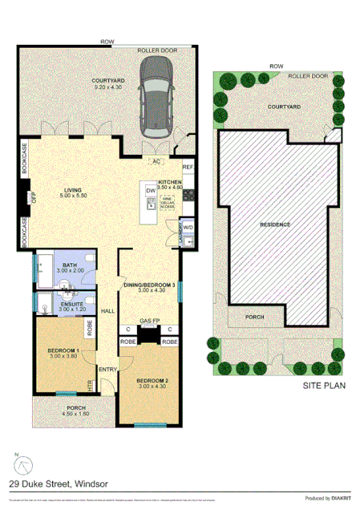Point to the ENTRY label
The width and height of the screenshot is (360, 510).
click(107, 369)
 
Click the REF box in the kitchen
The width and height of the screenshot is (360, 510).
click(188, 167)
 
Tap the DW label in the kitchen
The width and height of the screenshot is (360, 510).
click(151, 190)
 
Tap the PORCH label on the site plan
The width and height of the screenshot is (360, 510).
click(254, 318)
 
